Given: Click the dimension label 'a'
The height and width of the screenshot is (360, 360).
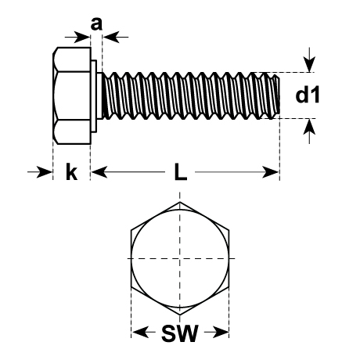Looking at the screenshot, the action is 96,24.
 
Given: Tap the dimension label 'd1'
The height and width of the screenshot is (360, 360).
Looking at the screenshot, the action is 308,95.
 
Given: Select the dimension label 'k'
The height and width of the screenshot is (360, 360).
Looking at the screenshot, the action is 71,171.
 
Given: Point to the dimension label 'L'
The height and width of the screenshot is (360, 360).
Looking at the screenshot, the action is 181,171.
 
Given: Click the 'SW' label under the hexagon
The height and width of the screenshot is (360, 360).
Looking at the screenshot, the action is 180,333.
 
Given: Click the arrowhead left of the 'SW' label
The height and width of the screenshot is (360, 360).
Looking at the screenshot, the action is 141,332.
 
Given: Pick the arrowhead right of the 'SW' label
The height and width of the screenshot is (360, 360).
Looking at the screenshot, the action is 221,332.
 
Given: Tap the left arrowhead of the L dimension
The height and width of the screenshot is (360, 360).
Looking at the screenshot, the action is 99,172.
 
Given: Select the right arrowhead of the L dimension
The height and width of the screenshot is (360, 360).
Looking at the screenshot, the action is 270,172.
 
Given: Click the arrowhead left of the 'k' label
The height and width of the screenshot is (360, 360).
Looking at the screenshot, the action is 45,172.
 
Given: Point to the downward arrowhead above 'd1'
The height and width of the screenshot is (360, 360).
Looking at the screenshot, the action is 309,63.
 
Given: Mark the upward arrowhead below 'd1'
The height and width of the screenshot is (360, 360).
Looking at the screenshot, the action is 309,128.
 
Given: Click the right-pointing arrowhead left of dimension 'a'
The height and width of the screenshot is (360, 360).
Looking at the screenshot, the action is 82,37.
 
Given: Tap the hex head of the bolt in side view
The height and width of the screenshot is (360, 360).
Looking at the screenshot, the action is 72,95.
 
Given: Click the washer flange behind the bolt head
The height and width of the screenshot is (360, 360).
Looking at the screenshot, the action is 94,95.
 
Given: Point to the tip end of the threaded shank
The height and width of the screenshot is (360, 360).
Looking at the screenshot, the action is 279,95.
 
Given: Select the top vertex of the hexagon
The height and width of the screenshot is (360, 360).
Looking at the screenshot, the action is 180,202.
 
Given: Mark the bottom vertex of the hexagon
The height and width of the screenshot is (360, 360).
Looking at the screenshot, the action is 180,315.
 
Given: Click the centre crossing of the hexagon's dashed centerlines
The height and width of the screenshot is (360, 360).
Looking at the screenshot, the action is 180,258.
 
